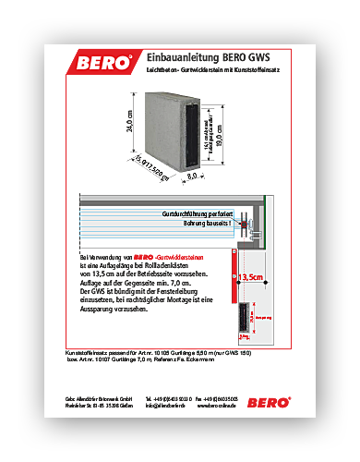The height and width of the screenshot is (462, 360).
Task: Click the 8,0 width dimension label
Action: tap(192, 173)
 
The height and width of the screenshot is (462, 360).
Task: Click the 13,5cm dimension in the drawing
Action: tap(251, 276)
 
